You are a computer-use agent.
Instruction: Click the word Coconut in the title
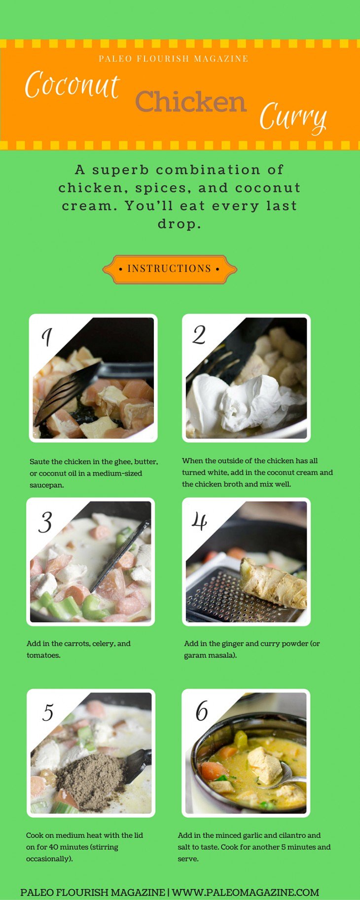(72, 85)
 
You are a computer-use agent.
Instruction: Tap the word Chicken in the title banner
(191, 102)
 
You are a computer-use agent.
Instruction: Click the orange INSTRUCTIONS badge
(170, 269)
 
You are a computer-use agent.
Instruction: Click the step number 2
(199, 335)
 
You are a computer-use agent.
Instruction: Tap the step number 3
(45, 522)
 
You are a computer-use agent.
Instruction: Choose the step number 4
(199, 521)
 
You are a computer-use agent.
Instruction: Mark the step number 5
(48, 713)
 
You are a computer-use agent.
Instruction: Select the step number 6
(202, 711)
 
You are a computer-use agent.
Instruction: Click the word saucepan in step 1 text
(47, 485)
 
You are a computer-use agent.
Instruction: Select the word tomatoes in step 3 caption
(43, 655)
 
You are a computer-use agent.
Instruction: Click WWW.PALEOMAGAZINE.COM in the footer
(246, 892)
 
